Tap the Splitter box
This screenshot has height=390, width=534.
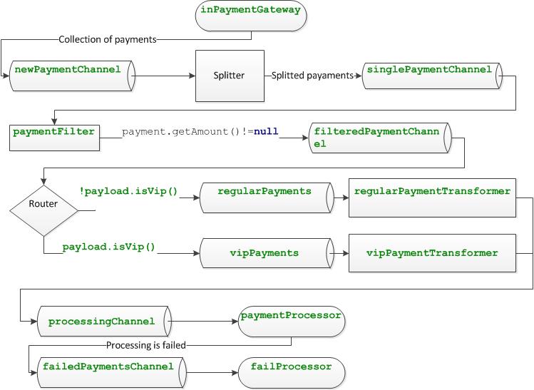pos(229,76)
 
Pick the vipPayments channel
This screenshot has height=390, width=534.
pos(265,252)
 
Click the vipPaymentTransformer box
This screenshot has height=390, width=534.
pos(432,252)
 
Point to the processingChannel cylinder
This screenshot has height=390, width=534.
pos(102,322)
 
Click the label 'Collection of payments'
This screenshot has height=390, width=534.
pos(107,39)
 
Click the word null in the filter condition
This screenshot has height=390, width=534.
pos(265,131)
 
